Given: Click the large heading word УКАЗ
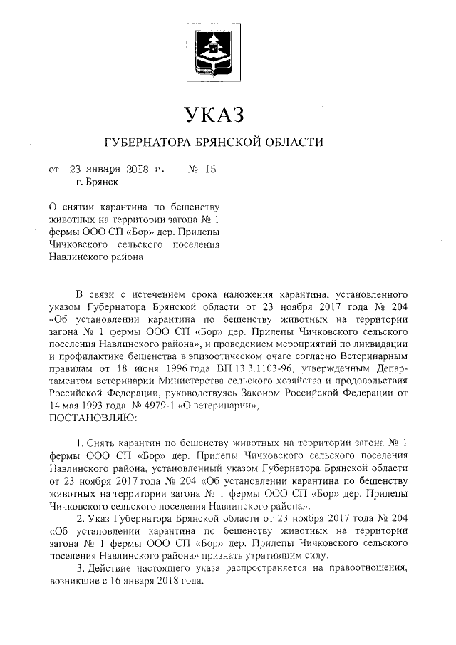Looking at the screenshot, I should coord(214,114).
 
